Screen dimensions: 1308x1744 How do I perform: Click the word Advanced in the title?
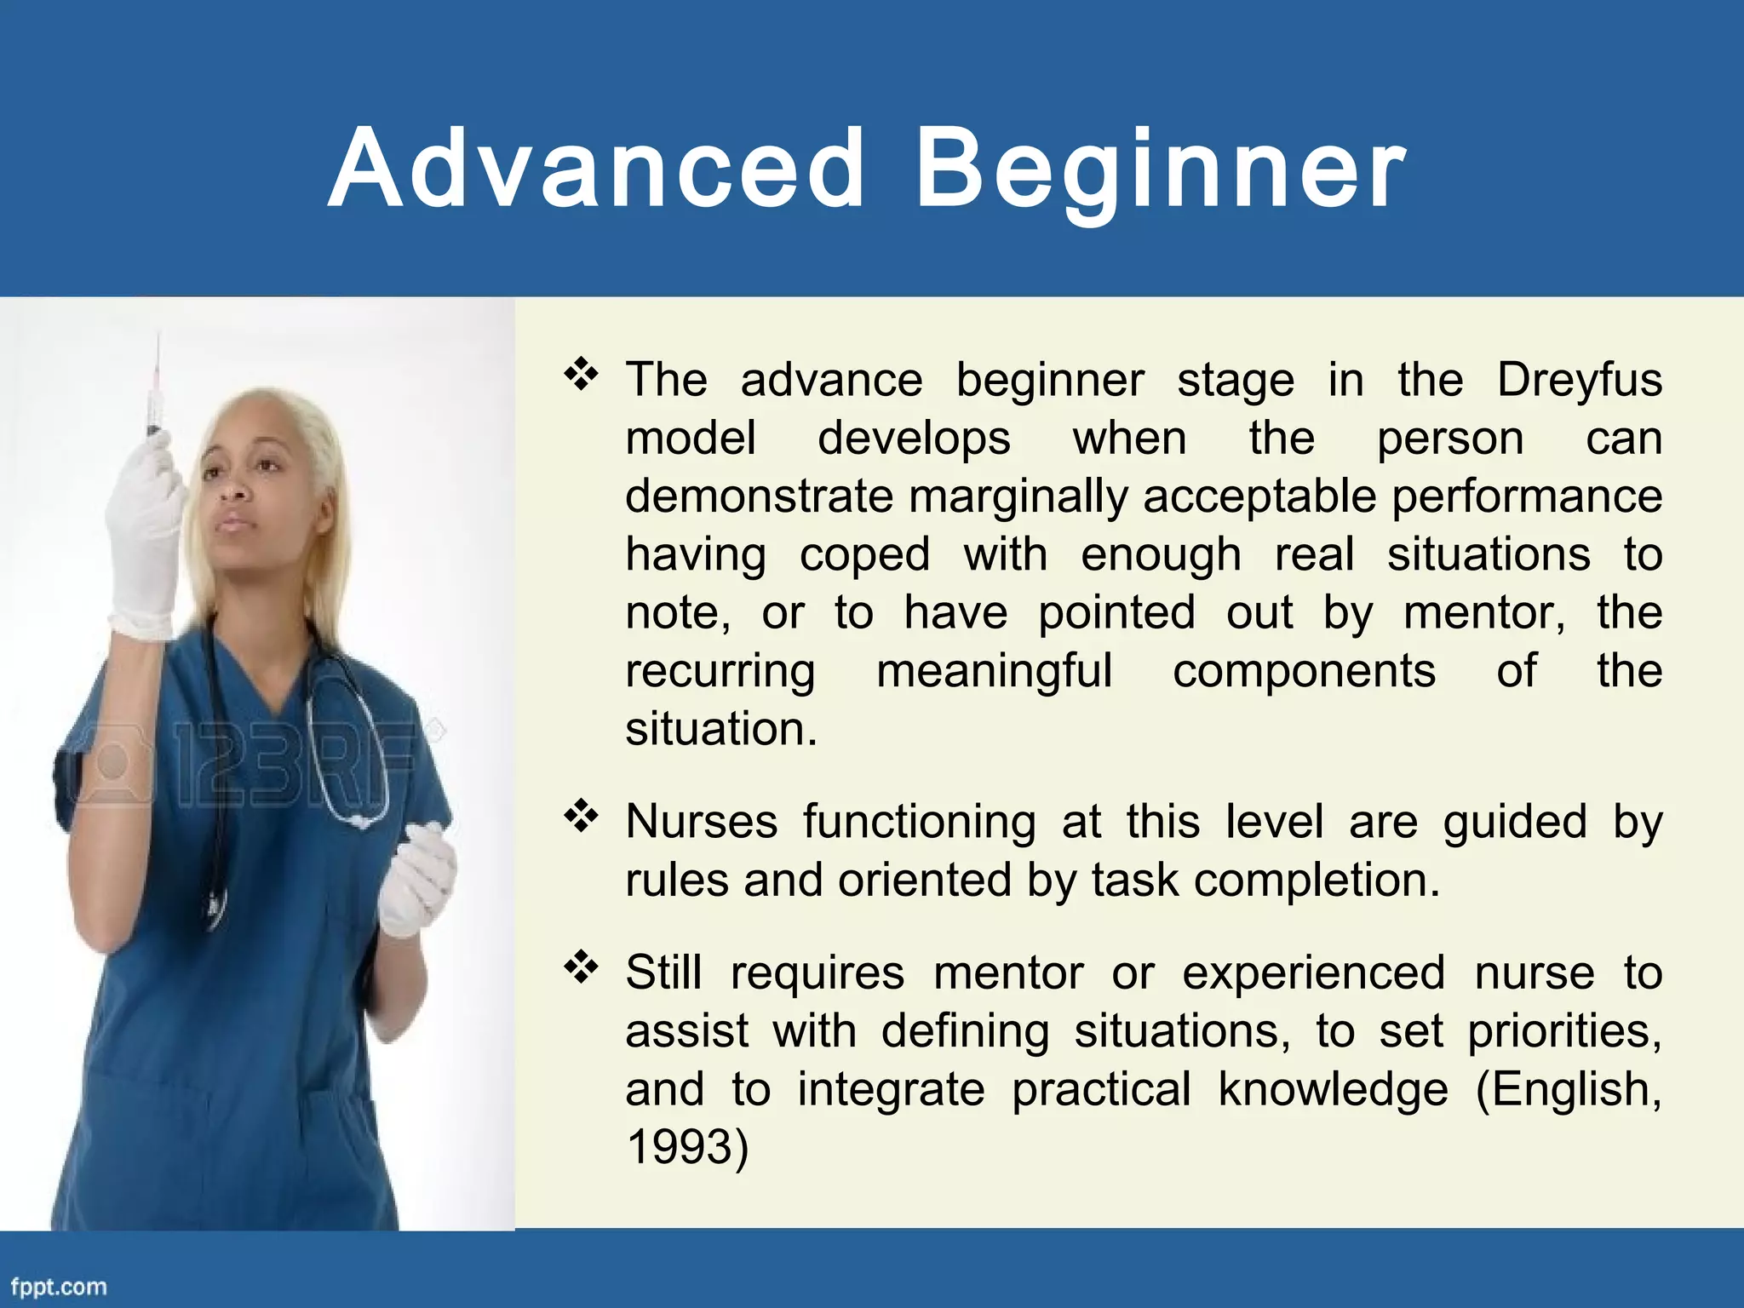pos(596,168)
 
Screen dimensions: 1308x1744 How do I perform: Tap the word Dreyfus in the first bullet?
pos(1579,380)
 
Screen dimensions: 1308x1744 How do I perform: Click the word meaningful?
pos(994,671)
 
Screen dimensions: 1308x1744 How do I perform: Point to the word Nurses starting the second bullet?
pos(701,823)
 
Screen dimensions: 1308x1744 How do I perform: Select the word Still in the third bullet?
pos(663,972)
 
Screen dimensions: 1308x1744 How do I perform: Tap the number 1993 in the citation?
pos(679,1146)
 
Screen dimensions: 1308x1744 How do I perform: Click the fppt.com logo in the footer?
pos(59,1287)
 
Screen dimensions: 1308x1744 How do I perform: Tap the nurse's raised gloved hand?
pos(145,536)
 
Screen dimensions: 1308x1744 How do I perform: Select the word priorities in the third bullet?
pos(1563,1031)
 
